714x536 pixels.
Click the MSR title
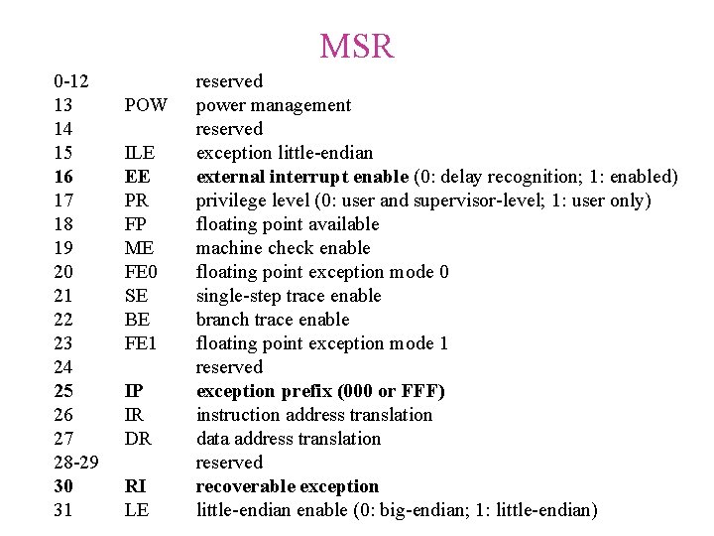coord(357,46)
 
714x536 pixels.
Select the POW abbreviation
coord(145,105)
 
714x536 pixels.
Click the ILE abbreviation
coord(139,153)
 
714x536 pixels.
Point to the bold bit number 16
coord(64,177)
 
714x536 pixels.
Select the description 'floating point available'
coord(288,224)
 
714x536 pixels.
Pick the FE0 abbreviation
coord(141,272)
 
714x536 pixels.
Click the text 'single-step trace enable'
coord(289,296)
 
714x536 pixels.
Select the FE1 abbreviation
coord(141,343)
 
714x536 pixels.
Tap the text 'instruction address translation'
coord(314,415)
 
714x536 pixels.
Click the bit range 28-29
coord(76,463)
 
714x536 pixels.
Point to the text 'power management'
coord(274,105)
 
